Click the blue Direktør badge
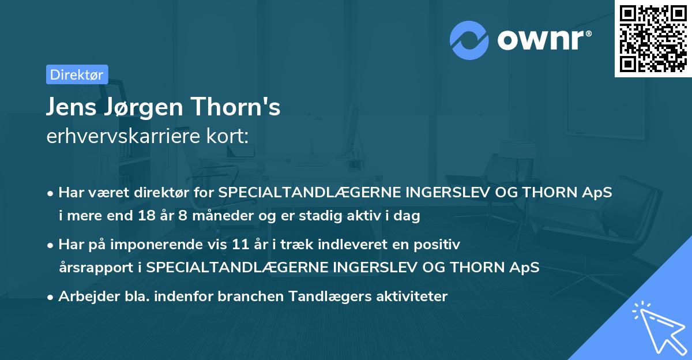pyautogui.click(x=77, y=74)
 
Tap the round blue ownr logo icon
pyautogui.click(x=469, y=40)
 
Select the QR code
pyautogui.click(x=653, y=39)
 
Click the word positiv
pyautogui.click(x=440, y=245)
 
